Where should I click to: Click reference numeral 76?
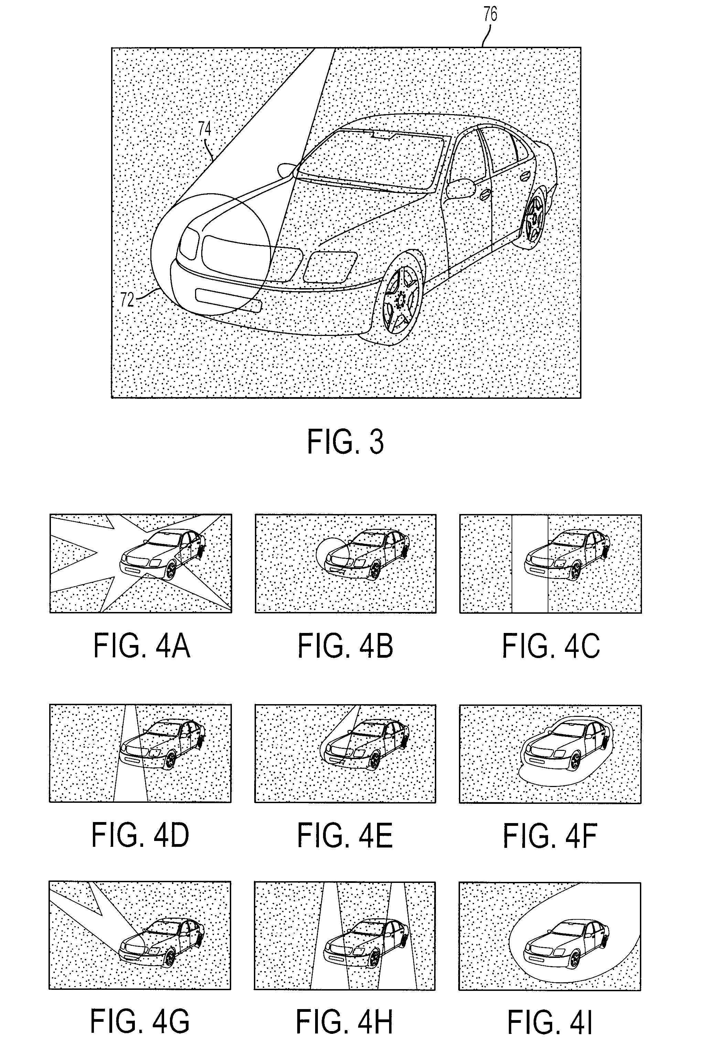[490, 14]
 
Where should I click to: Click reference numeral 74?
[205, 128]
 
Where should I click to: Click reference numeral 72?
[127, 300]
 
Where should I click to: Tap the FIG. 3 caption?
[345, 441]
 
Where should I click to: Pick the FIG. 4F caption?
[550, 835]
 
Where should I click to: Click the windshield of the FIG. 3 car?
[370, 160]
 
